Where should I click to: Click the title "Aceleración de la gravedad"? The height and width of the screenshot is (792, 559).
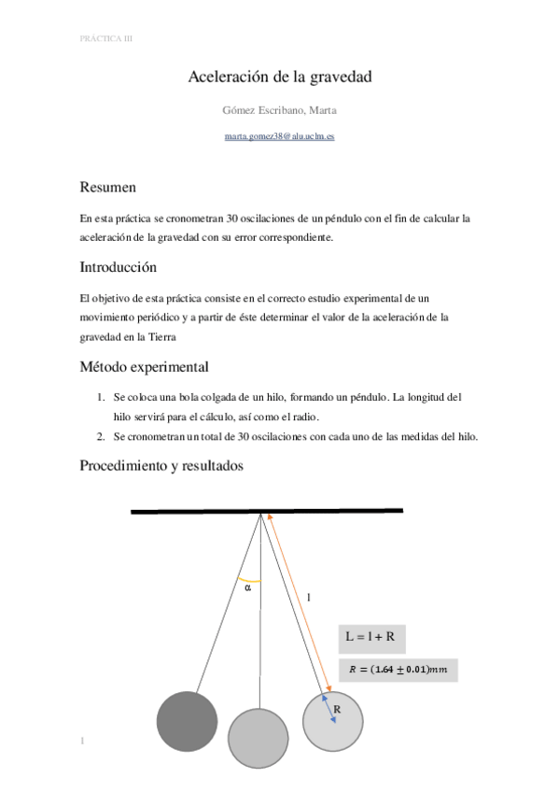tap(280, 78)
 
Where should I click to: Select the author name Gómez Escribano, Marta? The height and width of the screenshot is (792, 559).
tap(280, 110)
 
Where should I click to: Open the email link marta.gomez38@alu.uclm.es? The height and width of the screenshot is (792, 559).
tap(280, 136)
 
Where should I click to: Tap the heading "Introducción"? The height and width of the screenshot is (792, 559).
tap(118, 267)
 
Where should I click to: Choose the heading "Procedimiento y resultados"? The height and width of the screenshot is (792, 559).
tap(161, 465)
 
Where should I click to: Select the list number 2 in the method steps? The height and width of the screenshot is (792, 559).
tap(101, 436)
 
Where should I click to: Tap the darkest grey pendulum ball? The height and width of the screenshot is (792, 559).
tap(187, 722)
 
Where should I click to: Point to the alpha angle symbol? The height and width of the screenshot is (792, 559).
tap(247, 588)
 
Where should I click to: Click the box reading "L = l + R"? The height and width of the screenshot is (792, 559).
tap(370, 638)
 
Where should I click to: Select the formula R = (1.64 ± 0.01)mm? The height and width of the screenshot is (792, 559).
tap(398, 669)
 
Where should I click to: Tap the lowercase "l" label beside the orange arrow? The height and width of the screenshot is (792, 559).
tap(308, 595)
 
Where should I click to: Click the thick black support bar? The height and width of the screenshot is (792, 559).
tap(267, 511)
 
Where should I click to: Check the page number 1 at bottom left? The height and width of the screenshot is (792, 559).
tap(83, 742)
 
